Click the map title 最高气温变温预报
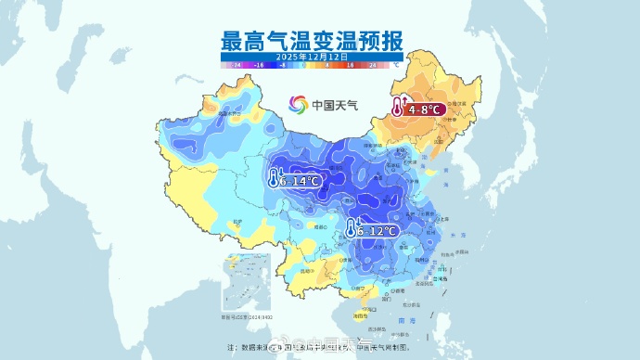[x=313, y=40]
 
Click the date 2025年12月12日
[x=313, y=57]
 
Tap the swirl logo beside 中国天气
[x=298, y=105]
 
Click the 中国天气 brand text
[x=335, y=105]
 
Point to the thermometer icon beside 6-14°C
[x=275, y=178]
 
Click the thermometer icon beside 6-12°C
[x=352, y=228]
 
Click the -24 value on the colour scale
[x=237, y=67]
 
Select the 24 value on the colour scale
[x=373, y=67]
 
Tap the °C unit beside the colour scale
[x=395, y=67]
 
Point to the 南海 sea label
[x=401, y=319]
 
